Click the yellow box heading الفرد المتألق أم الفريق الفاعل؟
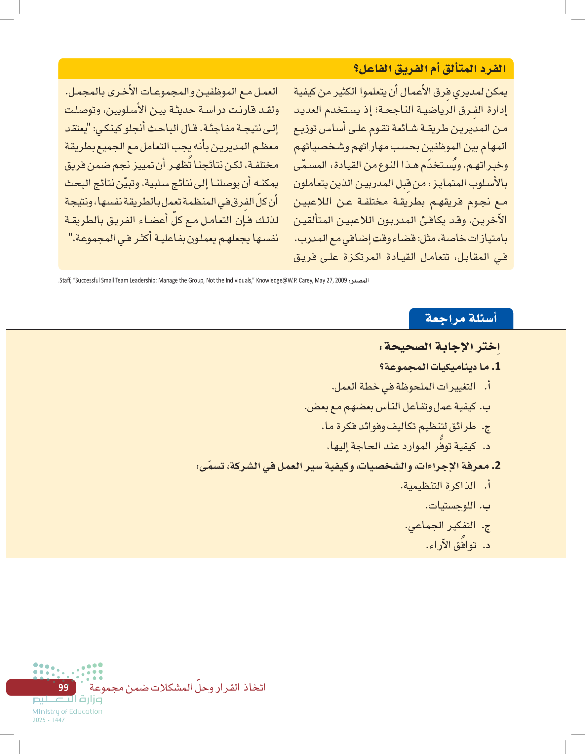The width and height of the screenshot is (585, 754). [x=430, y=69]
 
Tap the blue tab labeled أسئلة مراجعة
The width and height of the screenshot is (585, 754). [x=461, y=318]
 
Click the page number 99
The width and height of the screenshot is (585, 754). [x=63, y=687]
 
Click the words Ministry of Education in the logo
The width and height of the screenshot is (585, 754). [x=67, y=711]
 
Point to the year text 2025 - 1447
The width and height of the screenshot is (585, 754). [x=48, y=720]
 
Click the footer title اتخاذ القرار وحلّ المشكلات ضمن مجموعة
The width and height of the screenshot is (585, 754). [x=177, y=687]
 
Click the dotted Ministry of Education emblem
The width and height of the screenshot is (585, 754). [x=68, y=671]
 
